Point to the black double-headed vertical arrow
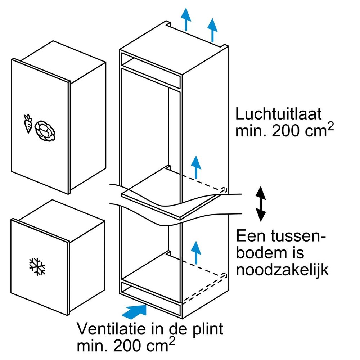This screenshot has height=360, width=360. pyautogui.click(x=261, y=204)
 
